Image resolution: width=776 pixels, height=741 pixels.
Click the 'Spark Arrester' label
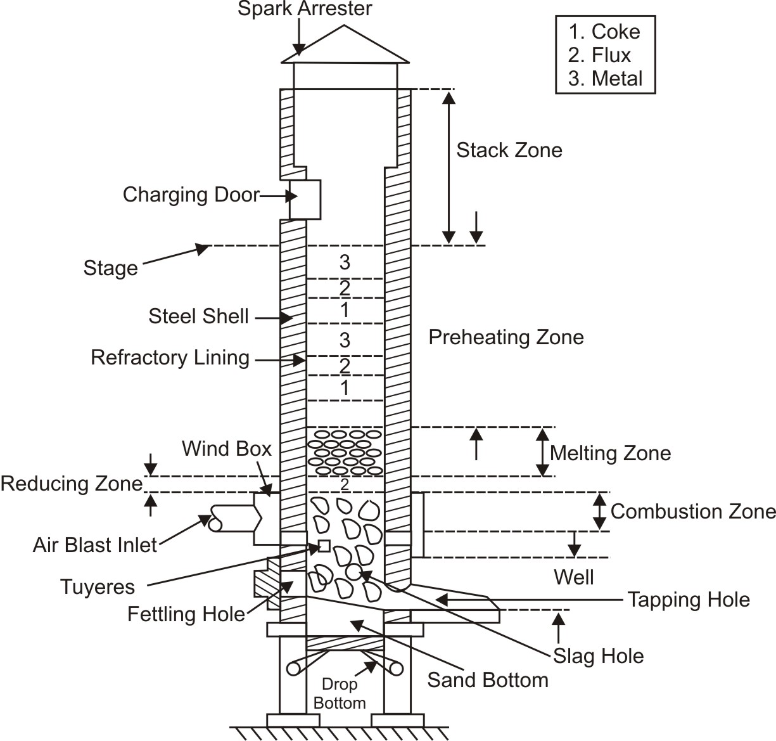point(305,10)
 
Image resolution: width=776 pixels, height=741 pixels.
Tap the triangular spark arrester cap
point(345,48)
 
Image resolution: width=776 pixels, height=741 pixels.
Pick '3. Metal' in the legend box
point(605,79)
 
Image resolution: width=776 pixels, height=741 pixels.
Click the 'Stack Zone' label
point(509,150)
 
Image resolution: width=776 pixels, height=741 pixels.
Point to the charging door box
point(305,199)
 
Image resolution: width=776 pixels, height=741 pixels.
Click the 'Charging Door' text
point(191,195)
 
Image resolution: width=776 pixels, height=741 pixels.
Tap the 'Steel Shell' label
point(198,316)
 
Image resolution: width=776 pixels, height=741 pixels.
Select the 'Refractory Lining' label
point(170,358)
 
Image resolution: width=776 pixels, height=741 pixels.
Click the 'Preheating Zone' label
point(506,337)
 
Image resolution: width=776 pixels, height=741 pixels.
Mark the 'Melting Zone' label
point(610,453)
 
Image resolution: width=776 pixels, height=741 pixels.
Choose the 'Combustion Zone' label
point(693,512)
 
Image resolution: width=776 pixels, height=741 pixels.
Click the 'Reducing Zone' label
point(72,484)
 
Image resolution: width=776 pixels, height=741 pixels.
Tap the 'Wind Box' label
point(226,449)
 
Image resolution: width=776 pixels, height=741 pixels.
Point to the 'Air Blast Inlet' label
point(95,545)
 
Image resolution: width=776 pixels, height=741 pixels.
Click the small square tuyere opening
point(324,546)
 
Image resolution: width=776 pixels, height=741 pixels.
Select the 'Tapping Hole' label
point(689,600)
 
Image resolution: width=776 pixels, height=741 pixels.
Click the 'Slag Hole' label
point(599,656)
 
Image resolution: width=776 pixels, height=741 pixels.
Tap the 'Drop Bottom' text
point(340,693)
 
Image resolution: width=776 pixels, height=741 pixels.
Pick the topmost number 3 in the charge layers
point(345,262)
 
